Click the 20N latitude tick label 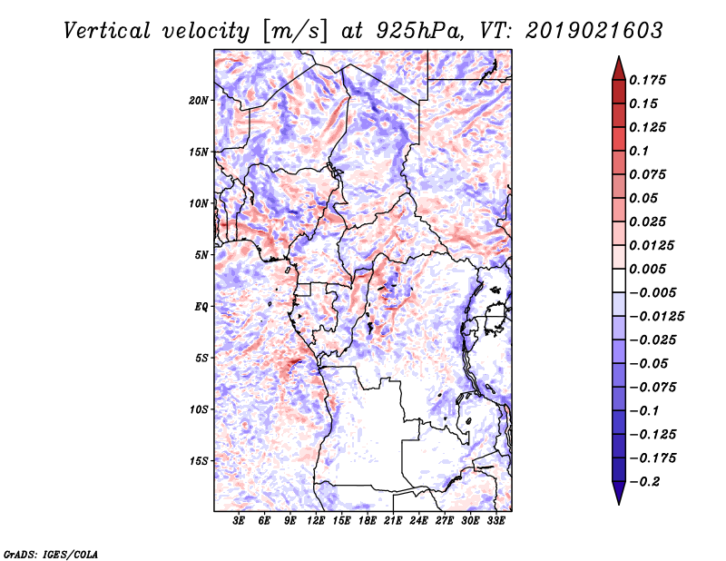(199, 100)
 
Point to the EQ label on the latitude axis (201, 307)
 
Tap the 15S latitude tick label (199, 461)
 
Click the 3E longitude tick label (239, 521)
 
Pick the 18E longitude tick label (368, 521)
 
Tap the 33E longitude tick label (495, 521)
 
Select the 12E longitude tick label (316, 521)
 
